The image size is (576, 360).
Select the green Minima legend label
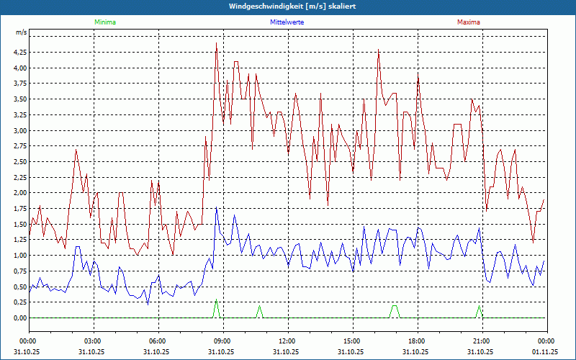(104, 22)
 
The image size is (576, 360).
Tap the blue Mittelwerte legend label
(287, 22)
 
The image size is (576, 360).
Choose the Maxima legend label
(469, 22)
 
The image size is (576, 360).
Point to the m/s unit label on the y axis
(21, 33)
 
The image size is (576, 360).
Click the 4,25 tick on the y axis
(19, 53)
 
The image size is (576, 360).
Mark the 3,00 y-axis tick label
(19, 131)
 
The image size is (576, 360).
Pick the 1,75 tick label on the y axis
(19, 209)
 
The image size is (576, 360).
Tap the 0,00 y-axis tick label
(19, 318)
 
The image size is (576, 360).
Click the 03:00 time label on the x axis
(93, 341)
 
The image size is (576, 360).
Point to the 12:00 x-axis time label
(287, 341)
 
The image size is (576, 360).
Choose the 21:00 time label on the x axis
(482, 341)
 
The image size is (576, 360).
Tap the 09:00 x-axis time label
(222, 341)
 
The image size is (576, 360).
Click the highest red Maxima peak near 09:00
(217, 44)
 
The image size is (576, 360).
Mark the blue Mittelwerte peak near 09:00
(217, 208)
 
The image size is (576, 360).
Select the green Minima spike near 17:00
(394, 306)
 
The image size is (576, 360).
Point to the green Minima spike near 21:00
(479, 306)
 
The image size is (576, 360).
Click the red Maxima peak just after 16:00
(379, 50)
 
